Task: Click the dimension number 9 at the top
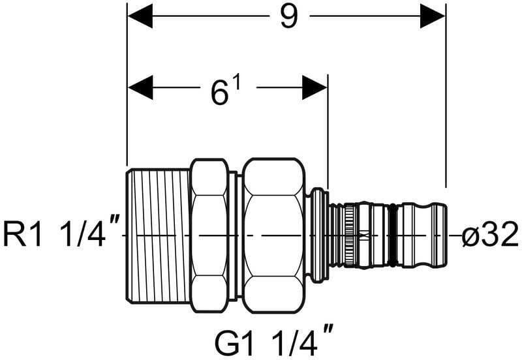click(288, 17)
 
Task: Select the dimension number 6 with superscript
click(225, 93)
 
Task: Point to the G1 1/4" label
click(273, 339)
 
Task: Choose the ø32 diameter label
click(490, 235)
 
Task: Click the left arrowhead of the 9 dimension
click(140, 16)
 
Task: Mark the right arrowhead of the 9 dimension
click(433, 16)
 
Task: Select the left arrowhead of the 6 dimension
click(140, 87)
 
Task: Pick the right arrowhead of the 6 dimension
click(315, 87)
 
